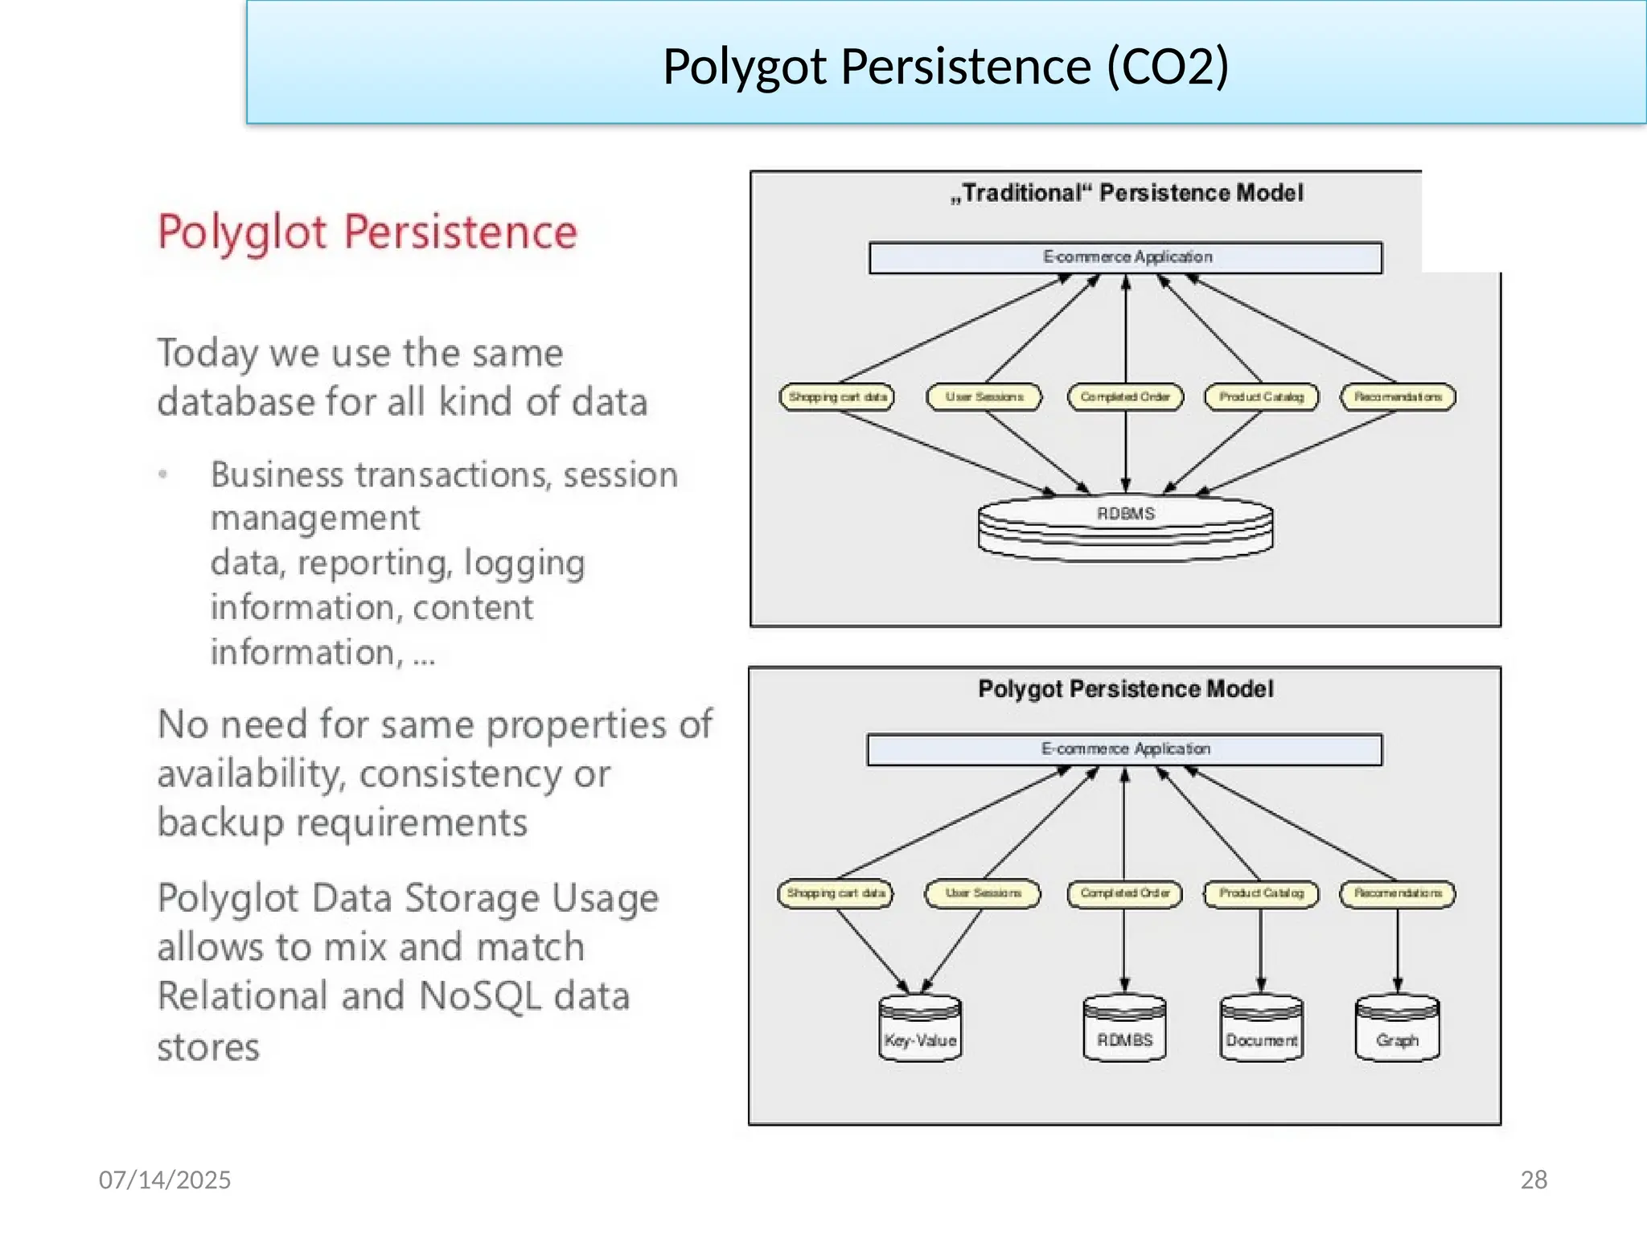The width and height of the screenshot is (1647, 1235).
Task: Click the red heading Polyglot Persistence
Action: tap(368, 233)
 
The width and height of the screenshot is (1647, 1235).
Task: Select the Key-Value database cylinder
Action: tap(920, 1029)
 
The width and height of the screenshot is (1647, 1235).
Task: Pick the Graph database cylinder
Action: tap(1397, 1029)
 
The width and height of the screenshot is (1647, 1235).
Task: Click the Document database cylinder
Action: tap(1261, 1029)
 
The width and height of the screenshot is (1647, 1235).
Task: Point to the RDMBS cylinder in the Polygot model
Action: tap(1124, 1029)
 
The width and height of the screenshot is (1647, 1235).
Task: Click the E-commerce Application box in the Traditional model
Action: tap(1125, 257)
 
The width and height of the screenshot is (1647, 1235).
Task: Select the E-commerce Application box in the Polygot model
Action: tap(1124, 749)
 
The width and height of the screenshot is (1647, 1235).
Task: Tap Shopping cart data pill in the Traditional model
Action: tap(836, 397)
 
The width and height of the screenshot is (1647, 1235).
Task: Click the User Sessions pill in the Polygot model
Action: tap(983, 893)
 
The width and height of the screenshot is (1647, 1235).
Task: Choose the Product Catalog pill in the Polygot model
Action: tap(1261, 893)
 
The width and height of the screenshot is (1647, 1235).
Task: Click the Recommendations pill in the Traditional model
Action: tap(1398, 397)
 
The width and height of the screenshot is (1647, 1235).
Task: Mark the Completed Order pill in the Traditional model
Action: tap(1125, 397)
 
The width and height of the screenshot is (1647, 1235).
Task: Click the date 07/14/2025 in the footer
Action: tap(165, 1180)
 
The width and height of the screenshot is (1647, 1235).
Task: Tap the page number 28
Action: tap(1534, 1180)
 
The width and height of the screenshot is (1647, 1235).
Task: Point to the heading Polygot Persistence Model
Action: tap(1125, 689)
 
